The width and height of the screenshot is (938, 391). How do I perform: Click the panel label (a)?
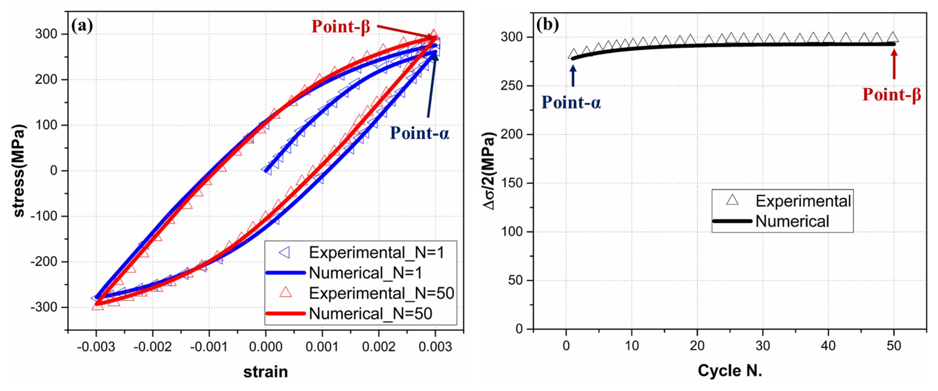pos(82,26)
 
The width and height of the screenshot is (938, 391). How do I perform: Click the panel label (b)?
pos(547,25)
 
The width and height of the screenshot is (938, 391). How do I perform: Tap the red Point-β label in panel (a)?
pos(340,27)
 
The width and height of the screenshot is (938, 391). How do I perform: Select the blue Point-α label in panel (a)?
pos(419,133)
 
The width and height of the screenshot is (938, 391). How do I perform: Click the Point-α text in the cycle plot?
pos(571,103)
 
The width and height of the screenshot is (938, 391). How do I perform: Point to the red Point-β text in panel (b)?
pos(891,95)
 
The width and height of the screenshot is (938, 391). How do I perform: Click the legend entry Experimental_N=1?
pos(376,252)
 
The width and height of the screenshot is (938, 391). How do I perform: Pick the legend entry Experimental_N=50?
pos(381,293)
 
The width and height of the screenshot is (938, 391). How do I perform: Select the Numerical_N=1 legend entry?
pos(365,273)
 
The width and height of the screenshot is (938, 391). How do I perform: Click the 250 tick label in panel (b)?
pos(511,86)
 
